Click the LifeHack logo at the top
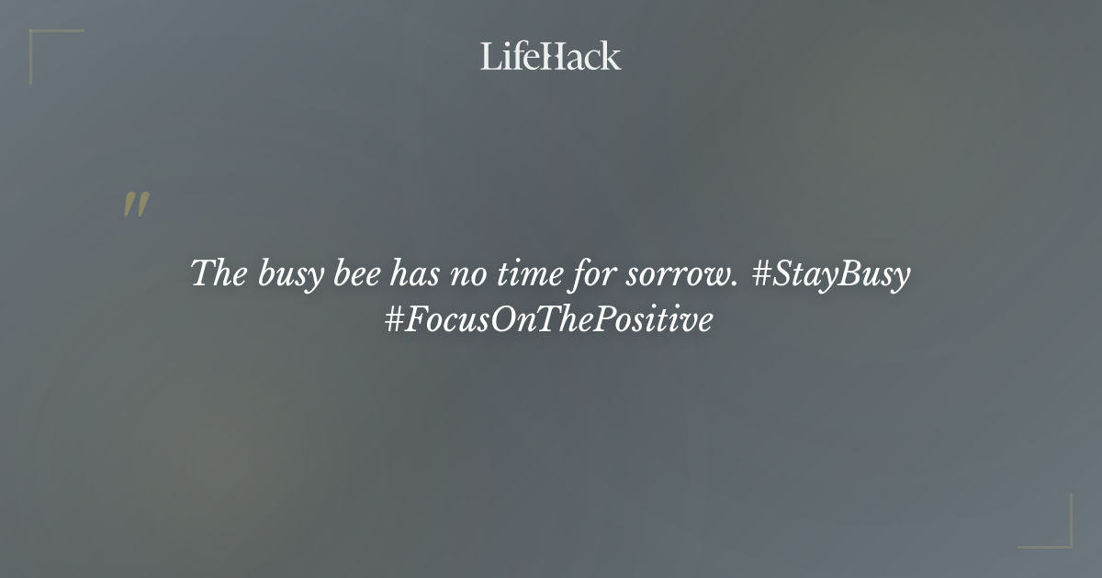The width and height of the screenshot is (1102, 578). (x=551, y=56)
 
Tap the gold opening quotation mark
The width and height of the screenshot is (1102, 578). (x=136, y=206)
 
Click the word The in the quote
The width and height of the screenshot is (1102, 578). (x=214, y=274)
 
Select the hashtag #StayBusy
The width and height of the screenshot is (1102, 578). (x=831, y=274)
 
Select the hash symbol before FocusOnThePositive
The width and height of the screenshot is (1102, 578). (x=396, y=321)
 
